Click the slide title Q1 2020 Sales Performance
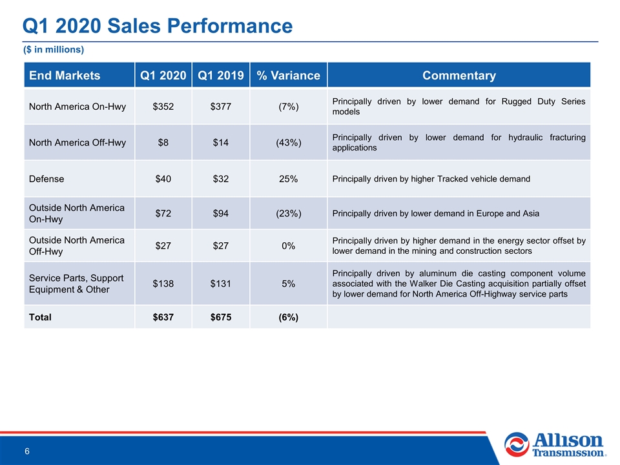158,26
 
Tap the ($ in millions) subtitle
54,50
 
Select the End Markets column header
65,75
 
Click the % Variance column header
288,75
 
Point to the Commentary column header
459,75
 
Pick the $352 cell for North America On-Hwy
163,107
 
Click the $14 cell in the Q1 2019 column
221,142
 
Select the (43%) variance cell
288,142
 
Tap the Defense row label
46,179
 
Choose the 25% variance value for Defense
288,179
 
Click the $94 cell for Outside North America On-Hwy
221,214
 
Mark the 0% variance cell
288,246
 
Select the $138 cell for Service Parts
163,284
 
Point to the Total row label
40,317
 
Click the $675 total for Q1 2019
221,317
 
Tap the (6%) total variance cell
288,317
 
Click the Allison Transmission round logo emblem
517,444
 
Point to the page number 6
27,451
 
